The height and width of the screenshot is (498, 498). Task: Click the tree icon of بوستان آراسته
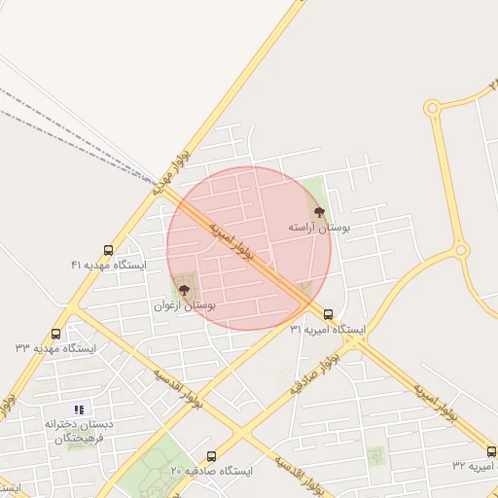click(x=317, y=210)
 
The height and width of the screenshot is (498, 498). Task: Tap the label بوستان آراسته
click(x=318, y=226)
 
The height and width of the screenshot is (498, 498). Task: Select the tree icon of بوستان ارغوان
click(x=185, y=289)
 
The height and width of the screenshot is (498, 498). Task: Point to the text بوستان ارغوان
click(x=185, y=305)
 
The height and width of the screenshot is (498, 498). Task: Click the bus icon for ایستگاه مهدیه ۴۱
click(x=107, y=250)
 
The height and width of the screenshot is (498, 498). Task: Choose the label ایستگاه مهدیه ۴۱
click(x=108, y=265)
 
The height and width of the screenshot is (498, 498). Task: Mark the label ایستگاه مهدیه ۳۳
click(x=55, y=347)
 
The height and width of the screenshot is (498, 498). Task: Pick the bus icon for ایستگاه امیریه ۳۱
click(x=328, y=315)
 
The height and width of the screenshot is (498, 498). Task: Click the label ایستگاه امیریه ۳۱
click(x=328, y=331)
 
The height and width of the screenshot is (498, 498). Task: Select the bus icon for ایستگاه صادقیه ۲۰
click(x=212, y=456)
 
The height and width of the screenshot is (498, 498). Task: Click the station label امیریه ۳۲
click(x=475, y=467)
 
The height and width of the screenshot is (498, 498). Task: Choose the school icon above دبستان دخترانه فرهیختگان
click(x=79, y=410)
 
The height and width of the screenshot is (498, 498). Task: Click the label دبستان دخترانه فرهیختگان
click(x=78, y=432)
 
